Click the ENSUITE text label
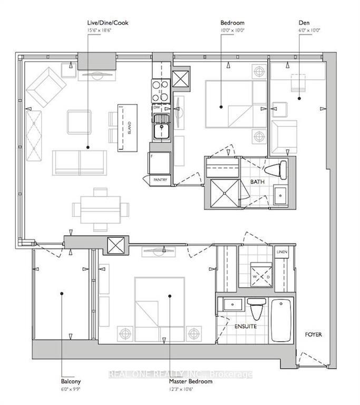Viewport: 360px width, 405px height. (245, 327)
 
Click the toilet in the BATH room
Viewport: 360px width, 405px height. (277, 170)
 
